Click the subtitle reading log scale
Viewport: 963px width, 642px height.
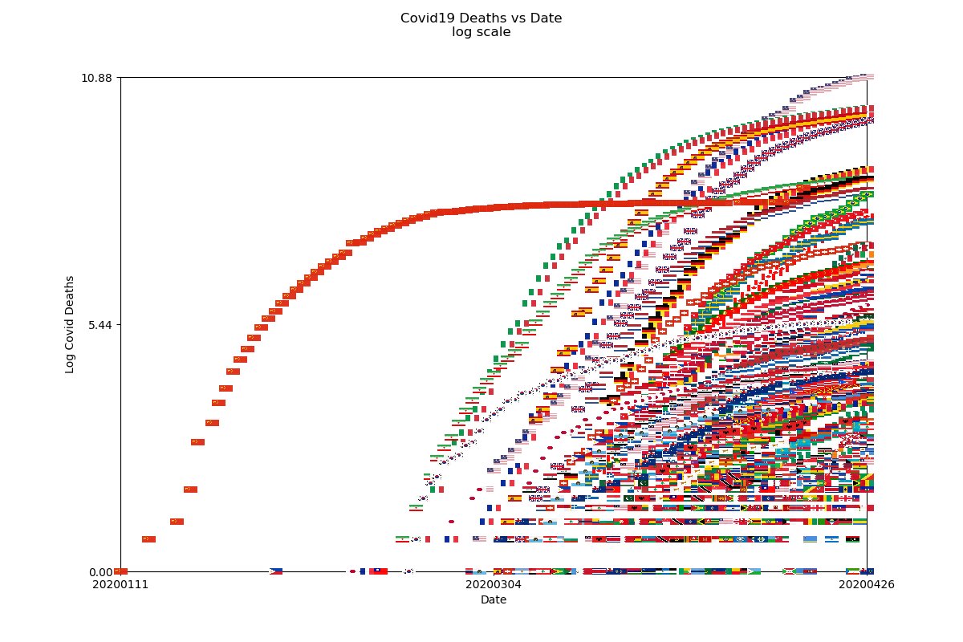(481, 32)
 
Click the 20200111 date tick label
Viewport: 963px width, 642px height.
(120, 584)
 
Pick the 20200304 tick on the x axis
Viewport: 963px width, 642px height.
(493, 584)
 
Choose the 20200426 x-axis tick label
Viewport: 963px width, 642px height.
(867, 584)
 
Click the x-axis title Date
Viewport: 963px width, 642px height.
(493, 599)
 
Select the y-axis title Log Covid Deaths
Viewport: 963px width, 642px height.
(70, 324)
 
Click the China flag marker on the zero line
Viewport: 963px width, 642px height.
(121, 571)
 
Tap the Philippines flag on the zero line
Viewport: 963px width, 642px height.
(276, 571)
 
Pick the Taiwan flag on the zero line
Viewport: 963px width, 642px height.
(379, 571)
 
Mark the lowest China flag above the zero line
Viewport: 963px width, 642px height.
(148, 539)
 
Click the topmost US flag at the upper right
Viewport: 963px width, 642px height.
(865, 76)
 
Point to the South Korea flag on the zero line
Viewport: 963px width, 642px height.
(408, 571)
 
